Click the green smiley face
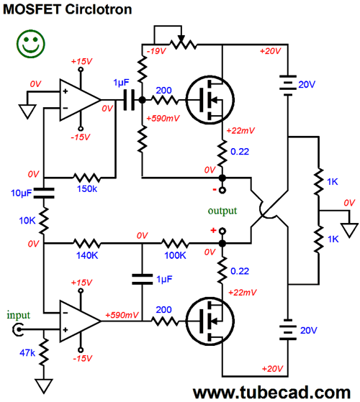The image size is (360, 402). click(x=31, y=44)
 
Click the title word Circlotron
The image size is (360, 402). click(x=99, y=9)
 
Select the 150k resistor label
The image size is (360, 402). click(x=87, y=189)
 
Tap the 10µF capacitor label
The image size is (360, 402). click(x=21, y=193)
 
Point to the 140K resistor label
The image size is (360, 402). click(x=87, y=255)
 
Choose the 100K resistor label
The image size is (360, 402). click(x=175, y=255)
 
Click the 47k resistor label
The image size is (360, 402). click(x=27, y=353)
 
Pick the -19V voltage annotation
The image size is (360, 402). click(x=156, y=51)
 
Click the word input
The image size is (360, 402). click(x=18, y=315)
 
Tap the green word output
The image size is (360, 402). click(x=222, y=211)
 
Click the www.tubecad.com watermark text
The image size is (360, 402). click(x=271, y=392)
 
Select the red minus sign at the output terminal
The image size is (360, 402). click(x=215, y=190)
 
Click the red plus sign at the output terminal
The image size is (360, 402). click(x=213, y=230)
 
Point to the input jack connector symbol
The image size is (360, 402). click(x=17, y=329)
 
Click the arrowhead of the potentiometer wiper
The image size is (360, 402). click(x=181, y=39)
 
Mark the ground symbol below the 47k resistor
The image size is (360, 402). click(x=44, y=385)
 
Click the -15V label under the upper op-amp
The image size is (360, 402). click(x=81, y=137)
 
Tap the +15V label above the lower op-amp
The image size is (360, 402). click(x=81, y=283)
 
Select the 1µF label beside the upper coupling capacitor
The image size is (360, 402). click(x=121, y=83)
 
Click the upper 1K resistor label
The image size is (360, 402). click(x=333, y=182)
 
